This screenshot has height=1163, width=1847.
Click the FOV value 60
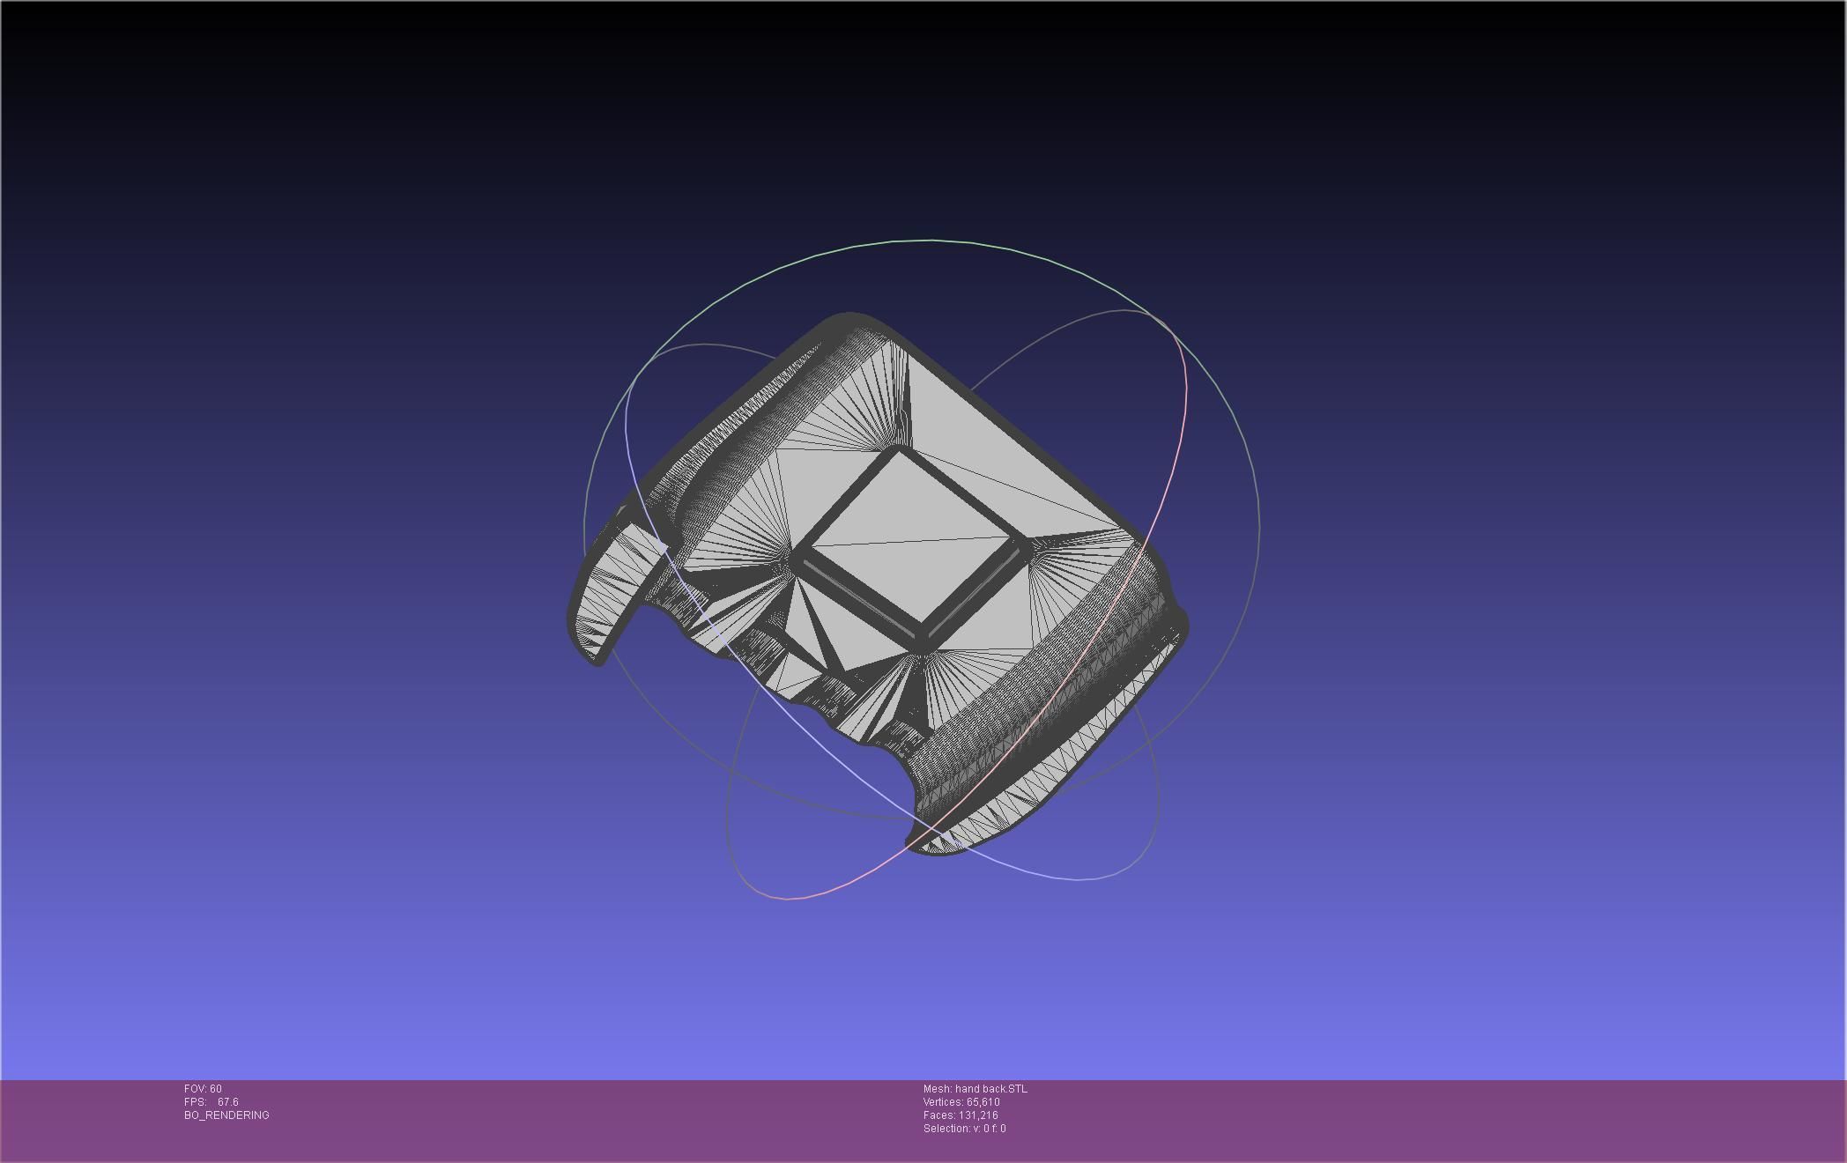click(216, 1089)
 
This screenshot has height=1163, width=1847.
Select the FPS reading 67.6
click(227, 1102)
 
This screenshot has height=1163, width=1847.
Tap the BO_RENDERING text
click(226, 1115)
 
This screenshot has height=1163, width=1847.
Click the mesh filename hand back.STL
click(990, 1089)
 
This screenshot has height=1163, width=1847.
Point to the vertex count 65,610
click(983, 1102)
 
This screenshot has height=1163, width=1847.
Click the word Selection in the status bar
click(944, 1129)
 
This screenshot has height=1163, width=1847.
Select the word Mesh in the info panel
click(937, 1089)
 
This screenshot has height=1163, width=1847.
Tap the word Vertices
click(943, 1102)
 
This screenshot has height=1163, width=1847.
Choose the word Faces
click(938, 1115)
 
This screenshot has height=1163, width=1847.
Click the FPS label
click(195, 1102)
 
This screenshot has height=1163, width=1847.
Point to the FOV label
click(195, 1089)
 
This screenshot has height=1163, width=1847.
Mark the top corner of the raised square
click(900, 451)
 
